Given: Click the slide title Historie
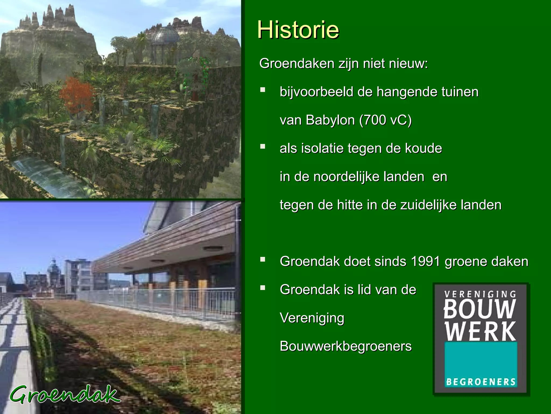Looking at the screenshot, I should (x=298, y=30).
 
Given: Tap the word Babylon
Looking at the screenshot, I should (x=330, y=120).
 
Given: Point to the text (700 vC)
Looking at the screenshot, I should (x=386, y=120).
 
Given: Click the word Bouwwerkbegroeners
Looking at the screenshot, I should (x=345, y=346).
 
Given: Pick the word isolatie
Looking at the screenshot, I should (x=319, y=149).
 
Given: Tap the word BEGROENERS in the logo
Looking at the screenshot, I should (x=481, y=382).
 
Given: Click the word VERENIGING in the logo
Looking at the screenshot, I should (x=480, y=294).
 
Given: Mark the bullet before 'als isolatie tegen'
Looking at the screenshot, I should (x=263, y=147).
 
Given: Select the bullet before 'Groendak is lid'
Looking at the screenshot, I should (x=263, y=288).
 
